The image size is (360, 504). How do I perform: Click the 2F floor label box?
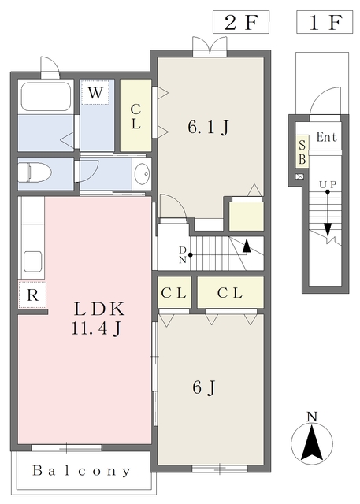[241, 22]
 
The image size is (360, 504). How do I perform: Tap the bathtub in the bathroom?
[46, 96]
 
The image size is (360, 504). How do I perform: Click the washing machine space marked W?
[95, 92]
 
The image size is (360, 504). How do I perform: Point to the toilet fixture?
[35, 173]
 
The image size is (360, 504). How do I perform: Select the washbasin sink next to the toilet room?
[142, 174]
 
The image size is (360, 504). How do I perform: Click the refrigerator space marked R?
[32, 295]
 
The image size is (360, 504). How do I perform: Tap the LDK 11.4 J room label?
[98, 318]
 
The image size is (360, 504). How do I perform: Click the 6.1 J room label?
[208, 126]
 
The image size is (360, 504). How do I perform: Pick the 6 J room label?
[204, 387]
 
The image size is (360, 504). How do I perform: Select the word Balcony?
[82, 471]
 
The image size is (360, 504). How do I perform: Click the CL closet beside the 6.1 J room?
[136, 116]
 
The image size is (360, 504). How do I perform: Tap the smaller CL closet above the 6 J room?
[174, 292]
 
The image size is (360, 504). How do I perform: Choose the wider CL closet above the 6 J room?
[230, 292]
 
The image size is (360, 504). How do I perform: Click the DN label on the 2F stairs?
[183, 255]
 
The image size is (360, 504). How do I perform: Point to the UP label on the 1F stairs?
[328, 184]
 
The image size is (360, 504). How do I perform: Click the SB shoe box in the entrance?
[302, 151]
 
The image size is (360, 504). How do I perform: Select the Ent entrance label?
[327, 137]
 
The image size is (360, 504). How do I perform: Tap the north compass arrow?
[312, 443]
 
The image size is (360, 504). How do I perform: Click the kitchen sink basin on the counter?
[32, 261]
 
